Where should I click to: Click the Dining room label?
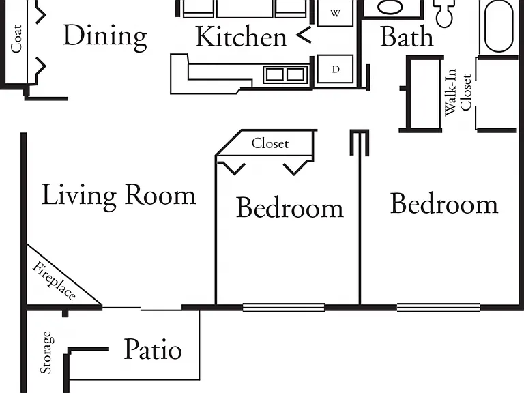tap(105, 38)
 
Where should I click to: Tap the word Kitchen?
tap(241, 36)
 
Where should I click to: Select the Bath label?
tap(407, 36)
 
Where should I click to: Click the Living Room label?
tap(118, 196)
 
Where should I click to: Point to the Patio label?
tap(153, 349)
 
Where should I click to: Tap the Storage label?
tap(46, 352)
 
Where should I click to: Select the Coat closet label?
tap(16, 38)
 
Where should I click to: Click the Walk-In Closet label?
tap(458, 92)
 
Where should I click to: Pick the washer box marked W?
tap(335, 13)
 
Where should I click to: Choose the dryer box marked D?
tap(335, 69)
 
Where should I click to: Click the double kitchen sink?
tap(285, 74)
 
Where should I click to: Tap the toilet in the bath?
tap(444, 14)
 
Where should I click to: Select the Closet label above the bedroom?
tap(270, 143)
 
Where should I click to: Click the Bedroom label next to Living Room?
tap(290, 208)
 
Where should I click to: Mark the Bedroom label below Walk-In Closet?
tap(444, 204)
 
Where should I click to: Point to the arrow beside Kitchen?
tap(304, 34)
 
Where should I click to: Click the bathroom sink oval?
tap(390, 7)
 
